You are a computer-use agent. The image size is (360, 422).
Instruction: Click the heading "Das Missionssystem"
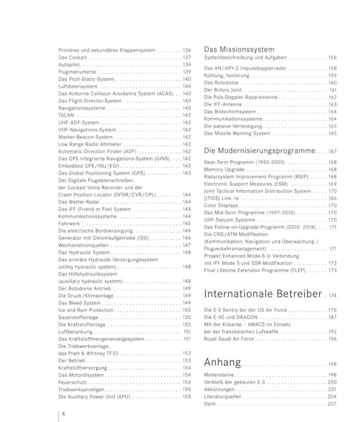click(239, 50)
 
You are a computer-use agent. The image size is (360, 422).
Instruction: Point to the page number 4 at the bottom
click(63, 414)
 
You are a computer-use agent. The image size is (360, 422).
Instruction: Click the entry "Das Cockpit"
click(73, 57)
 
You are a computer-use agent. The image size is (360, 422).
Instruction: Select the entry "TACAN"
click(66, 115)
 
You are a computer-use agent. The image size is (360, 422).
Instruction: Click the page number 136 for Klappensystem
click(186, 50)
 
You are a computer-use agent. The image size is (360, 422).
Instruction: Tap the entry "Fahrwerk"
click(69, 223)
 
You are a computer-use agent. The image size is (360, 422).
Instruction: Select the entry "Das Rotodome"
click(220, 83)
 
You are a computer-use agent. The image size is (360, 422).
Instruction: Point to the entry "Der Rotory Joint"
click(223, 90)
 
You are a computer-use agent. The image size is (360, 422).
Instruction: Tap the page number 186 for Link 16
click(332, 199)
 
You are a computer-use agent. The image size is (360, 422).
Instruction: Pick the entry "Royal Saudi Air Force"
click(229, 339)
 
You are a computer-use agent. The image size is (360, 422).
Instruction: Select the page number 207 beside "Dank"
click(332, 404)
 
